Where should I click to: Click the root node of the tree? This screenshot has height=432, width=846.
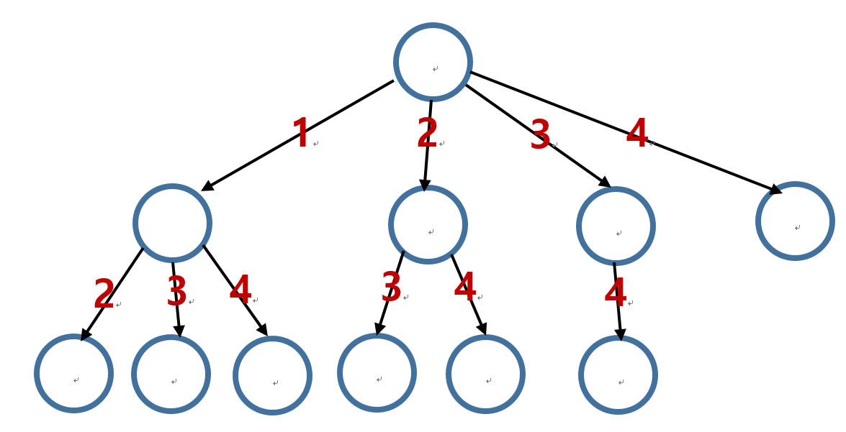(433, 62)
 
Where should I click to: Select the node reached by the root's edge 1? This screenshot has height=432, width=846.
(172, 223)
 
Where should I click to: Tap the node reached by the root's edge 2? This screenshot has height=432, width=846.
(428, 224)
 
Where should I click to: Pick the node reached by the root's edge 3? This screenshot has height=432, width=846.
(616, 226)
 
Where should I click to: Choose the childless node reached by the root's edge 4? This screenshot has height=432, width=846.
(795, 221)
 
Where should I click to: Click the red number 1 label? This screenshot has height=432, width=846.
(301, 134)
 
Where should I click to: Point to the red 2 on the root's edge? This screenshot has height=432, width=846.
(427, 134)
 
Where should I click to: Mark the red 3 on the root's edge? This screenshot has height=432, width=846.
(540, 136)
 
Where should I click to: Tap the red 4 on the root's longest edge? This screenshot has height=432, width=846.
(637, 134)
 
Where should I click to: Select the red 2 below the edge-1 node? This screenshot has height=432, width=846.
(104, 295)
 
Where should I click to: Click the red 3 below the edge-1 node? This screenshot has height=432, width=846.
(176, 292)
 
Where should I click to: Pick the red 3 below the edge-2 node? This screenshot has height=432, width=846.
(391, 288)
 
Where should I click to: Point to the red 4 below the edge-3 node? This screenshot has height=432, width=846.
(616, 294)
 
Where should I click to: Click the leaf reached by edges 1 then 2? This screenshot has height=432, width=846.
(73, 373)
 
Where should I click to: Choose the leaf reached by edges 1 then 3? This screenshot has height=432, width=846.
(171, 374)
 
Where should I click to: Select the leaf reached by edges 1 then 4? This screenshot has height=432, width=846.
(272, 375)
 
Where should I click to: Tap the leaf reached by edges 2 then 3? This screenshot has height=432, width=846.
(377, 372)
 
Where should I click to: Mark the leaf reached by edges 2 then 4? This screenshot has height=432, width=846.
(485, 374)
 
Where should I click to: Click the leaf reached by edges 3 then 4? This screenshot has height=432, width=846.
(618, 374)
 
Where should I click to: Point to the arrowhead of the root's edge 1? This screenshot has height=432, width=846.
(207, 187)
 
